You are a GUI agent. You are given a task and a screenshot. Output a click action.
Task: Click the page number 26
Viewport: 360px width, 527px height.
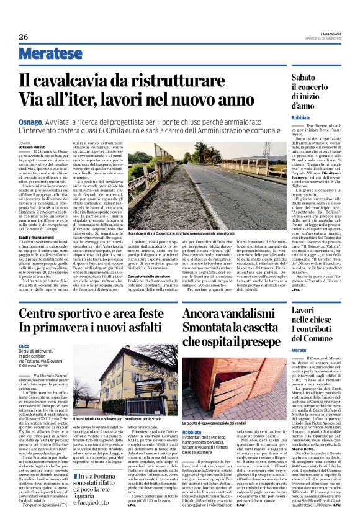[x=24, y=37]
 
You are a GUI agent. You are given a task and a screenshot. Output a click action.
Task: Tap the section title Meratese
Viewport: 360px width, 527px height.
[x=51, y=54]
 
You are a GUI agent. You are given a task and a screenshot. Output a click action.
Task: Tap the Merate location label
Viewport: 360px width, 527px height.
[x=299, y=350]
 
